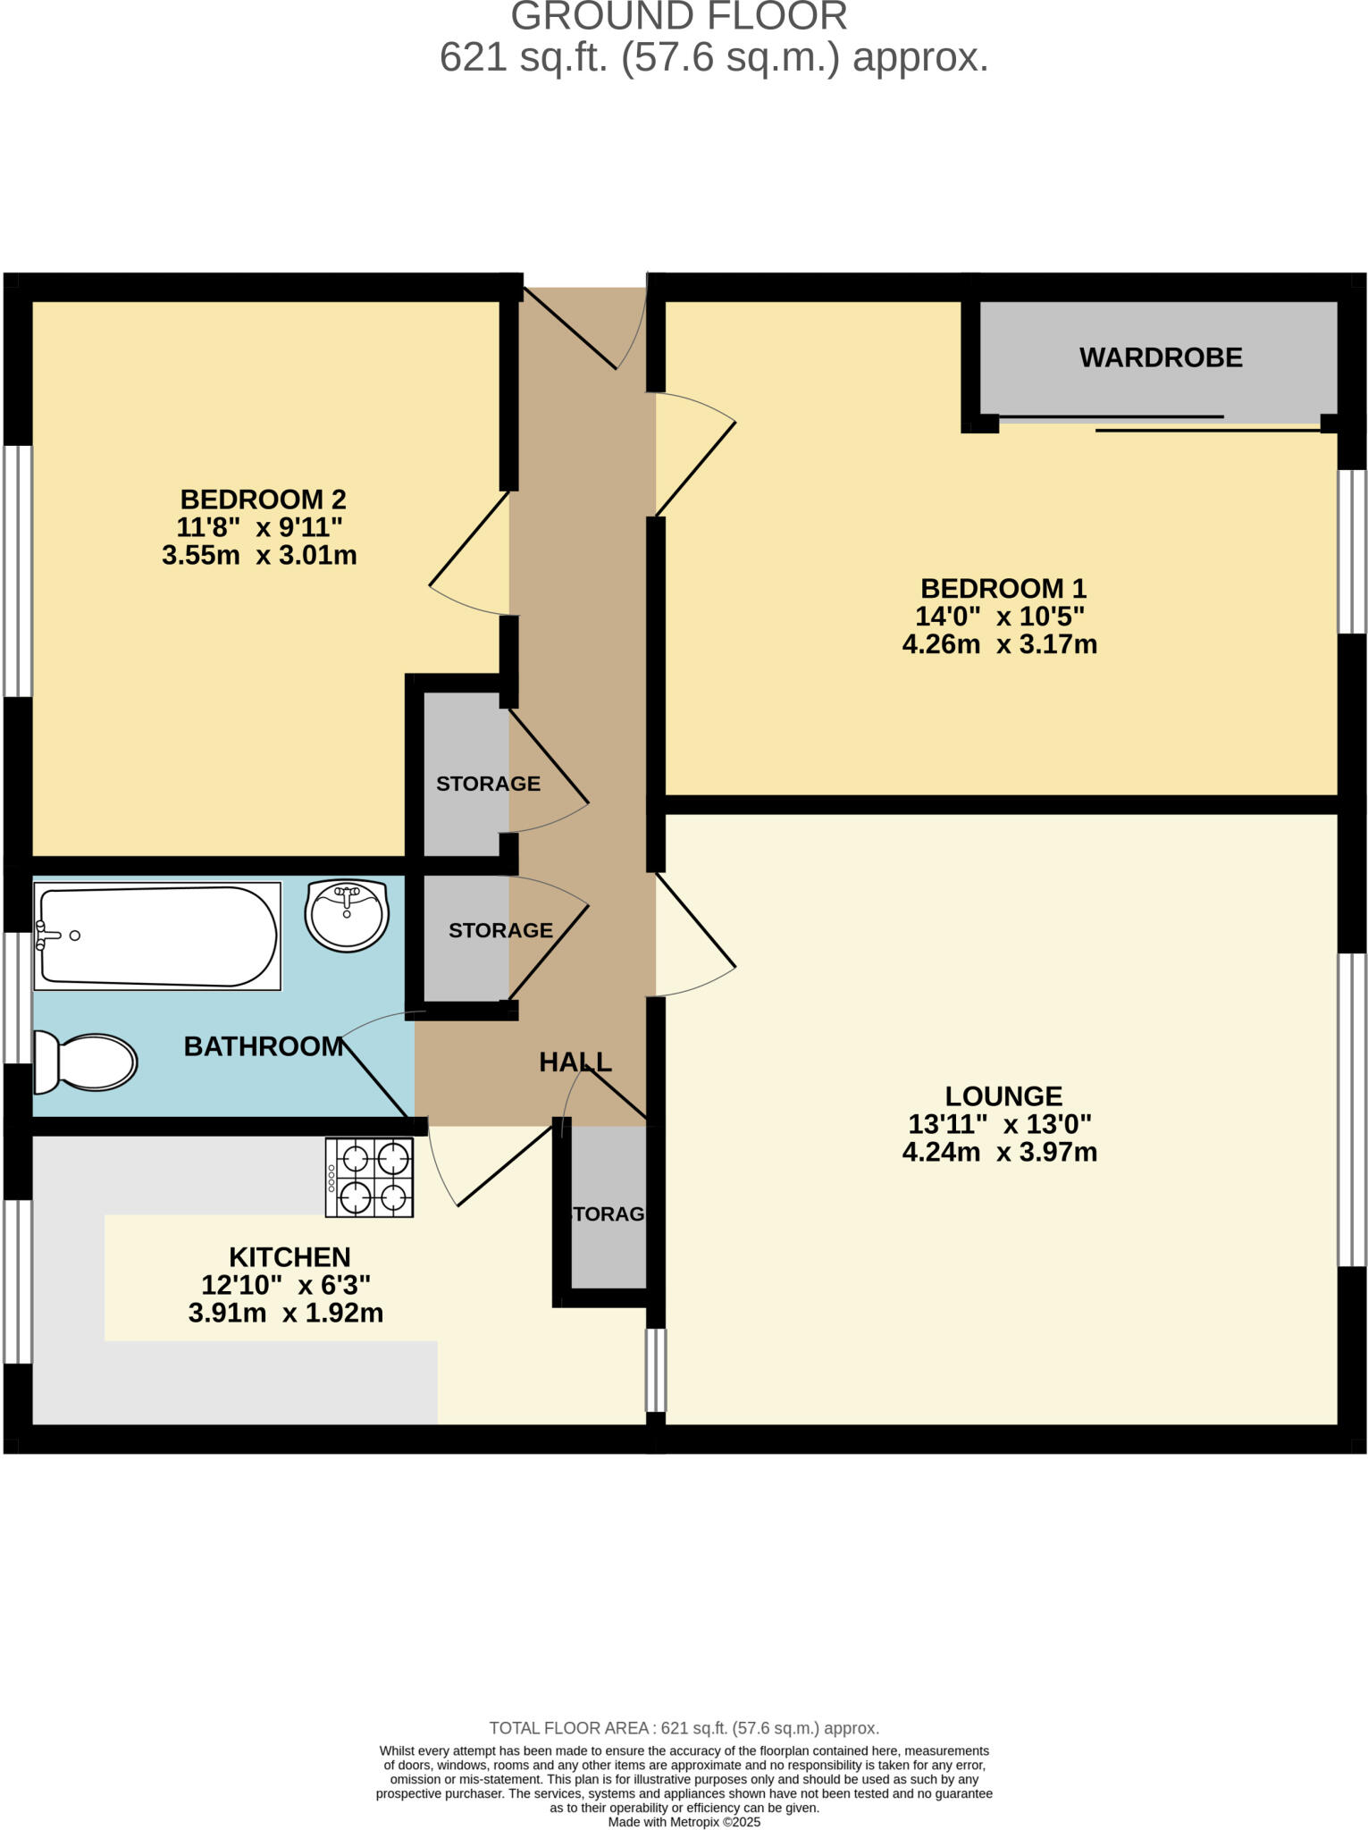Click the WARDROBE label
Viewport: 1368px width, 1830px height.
1160,357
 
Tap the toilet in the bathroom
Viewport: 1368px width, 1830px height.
86,1062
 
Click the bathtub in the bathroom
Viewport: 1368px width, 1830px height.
157,936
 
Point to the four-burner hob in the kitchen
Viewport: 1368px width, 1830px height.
369,1177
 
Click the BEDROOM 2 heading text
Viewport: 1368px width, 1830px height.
263,499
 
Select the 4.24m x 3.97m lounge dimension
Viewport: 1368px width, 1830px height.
999,1152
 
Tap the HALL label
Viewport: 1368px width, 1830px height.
575,1062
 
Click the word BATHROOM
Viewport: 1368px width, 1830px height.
263,1046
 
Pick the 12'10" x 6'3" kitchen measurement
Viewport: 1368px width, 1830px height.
286,1285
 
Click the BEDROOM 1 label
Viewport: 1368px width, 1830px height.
1003,588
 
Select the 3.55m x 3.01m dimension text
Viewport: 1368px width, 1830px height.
259,555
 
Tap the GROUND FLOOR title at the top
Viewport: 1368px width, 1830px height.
679,16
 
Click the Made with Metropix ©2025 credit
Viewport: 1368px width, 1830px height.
684,1821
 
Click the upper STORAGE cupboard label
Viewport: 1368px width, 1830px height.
488,784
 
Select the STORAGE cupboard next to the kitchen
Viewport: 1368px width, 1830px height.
608,1213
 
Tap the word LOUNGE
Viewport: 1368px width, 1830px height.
1003,1095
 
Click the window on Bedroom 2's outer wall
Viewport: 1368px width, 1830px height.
18,570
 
